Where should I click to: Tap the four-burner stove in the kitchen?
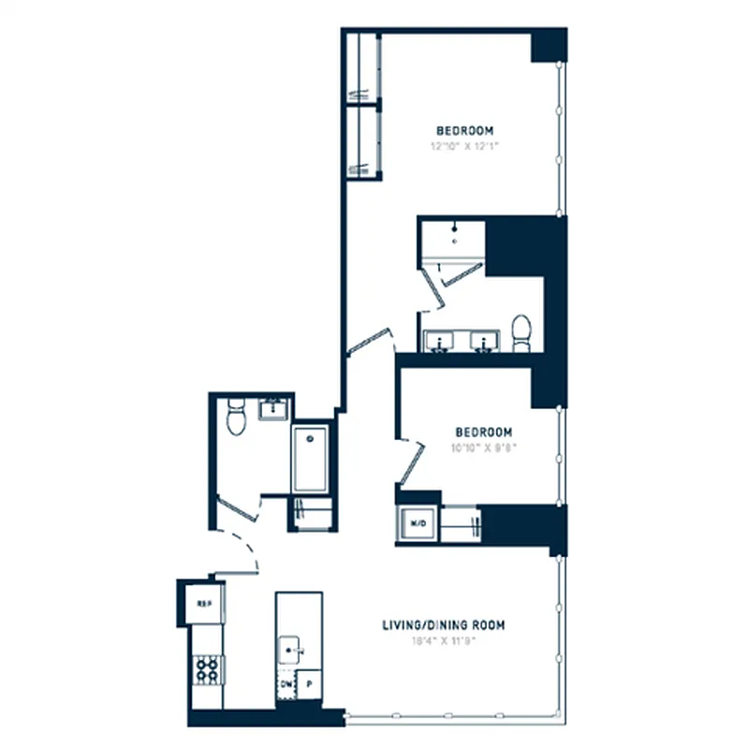pyautogui.click(x=206, y=668)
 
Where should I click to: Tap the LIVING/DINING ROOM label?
pyautogui.click(x=445, y=624)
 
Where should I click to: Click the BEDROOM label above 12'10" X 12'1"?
pyautogui.click(x=464, y=130)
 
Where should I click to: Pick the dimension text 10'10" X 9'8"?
pyautogui.click(x=483, y=448)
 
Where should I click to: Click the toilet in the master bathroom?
pyautogui.click(x=521, y=332)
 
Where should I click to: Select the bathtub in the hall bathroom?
pyautogui.click(x=310, y=460)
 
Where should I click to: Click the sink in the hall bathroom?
pyautogui.click(x=274, y=409)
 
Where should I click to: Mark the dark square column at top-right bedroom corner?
pyautogui.click(x=548, y=45)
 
